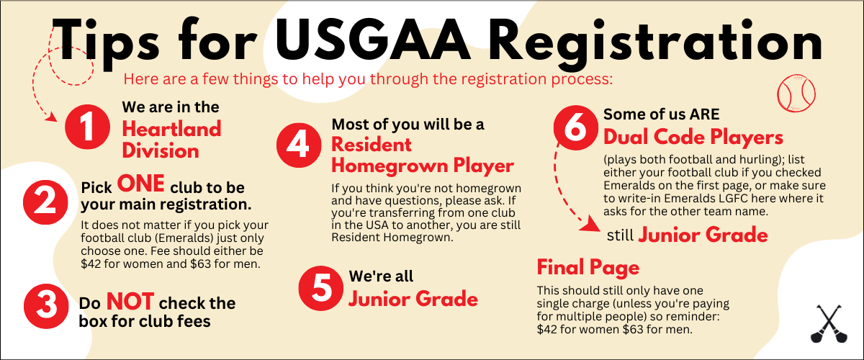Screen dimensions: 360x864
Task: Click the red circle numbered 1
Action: [x=87, y=128]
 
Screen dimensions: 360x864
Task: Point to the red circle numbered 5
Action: [x=322, y=287]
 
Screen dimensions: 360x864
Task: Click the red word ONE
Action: [x=141, y=184]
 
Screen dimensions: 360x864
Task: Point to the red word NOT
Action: [x=130, y=301]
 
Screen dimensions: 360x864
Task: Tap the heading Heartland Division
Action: [x=171, y=140]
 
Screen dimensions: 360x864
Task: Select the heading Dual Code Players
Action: [x=693, y=137]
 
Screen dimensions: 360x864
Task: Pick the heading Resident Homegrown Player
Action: [x=423, y=155]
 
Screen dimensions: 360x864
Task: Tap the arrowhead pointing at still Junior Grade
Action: [x=594, y=227]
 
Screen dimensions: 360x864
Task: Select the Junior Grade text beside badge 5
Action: [x=413, y=298]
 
